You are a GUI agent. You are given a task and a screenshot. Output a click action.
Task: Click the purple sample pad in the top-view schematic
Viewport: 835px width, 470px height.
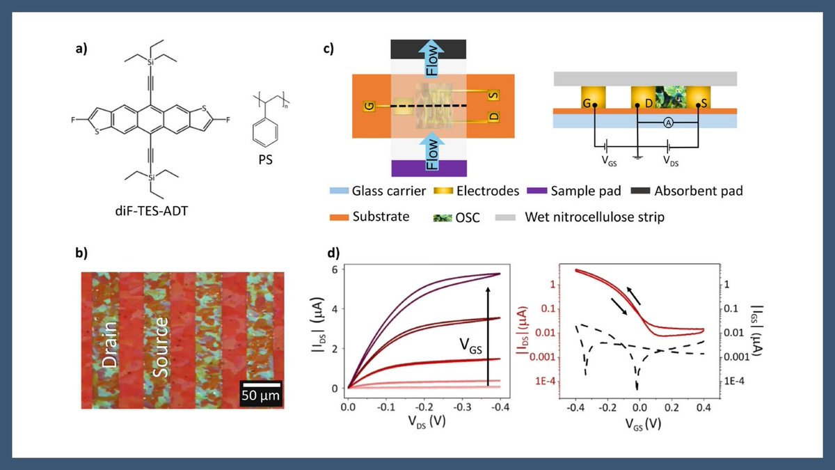click(429, 169)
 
